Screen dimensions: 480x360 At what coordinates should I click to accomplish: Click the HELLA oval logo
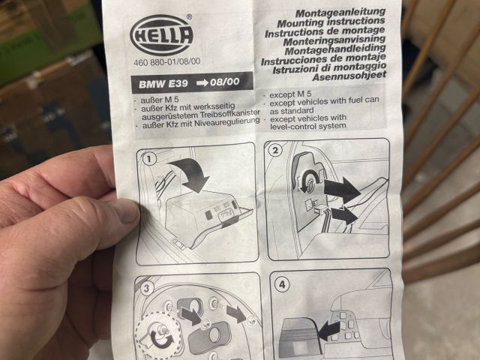point(161,35)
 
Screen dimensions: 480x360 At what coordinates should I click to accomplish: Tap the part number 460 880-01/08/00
point(167,61)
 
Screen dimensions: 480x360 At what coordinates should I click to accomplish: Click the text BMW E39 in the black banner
point(163,84)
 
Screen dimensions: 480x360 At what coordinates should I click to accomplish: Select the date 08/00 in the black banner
point(225,82)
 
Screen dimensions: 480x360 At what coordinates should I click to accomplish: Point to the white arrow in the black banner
point(202,82)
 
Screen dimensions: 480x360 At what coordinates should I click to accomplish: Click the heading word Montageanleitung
point(340,13)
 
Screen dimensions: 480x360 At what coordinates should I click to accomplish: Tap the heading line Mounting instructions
point(331,22)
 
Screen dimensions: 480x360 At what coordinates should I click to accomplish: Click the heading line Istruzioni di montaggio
point(329,67)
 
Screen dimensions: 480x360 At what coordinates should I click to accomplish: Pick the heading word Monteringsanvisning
point(334,40)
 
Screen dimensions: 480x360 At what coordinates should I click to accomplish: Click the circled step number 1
point(150,159)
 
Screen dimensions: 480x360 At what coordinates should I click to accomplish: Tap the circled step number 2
point(275,150)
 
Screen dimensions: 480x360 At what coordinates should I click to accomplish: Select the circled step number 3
point(147,288)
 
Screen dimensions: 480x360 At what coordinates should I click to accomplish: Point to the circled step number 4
point(282,284)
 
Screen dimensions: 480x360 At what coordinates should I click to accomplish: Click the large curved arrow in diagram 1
point(190,173)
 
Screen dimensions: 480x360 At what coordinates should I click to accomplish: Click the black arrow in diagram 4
point(329,331)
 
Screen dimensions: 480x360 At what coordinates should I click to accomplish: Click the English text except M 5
point(290,94)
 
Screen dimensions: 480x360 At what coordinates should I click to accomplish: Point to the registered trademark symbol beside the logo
point(189,16)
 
